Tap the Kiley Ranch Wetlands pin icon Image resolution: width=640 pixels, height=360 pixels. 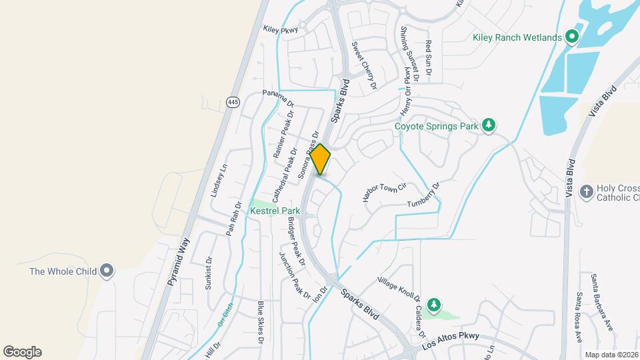pos(571,37)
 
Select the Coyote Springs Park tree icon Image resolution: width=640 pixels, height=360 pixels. pos(489,125)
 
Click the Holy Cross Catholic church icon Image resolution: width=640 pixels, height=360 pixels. pos(587,192)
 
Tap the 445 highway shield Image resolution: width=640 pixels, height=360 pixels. pos(232,102)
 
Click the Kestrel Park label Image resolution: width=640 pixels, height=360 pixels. pos(275,211)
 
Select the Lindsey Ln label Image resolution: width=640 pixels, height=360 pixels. pos(219,181)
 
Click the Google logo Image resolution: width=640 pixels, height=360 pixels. pos(23,352)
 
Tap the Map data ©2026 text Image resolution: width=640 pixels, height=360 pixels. pos(611,355)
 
